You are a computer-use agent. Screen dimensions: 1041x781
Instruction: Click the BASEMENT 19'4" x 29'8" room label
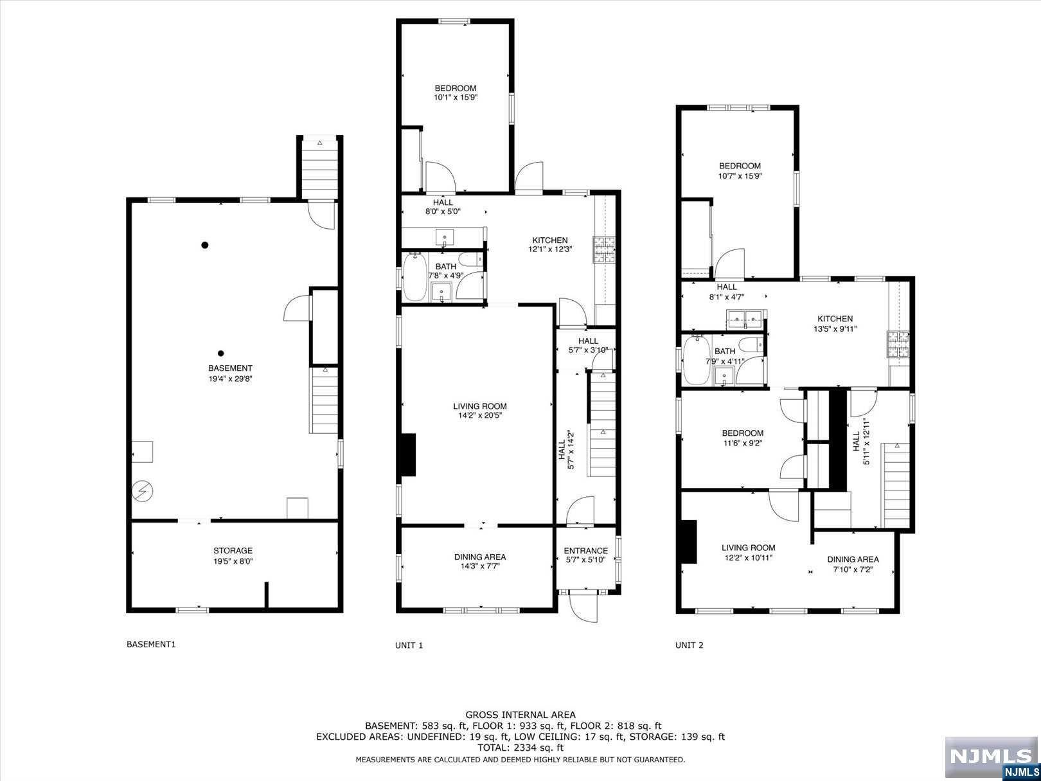[230, 373]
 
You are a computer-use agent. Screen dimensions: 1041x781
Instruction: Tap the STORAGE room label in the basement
[233, 550]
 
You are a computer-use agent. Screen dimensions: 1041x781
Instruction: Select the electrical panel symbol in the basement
[142, 491]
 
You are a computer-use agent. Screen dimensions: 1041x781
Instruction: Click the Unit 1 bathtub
[415, 277]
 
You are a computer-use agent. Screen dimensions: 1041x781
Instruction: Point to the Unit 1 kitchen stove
[603, 250]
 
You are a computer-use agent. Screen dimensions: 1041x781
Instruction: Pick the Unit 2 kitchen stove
[898, 345]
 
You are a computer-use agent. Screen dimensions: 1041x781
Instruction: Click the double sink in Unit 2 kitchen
[745, 319]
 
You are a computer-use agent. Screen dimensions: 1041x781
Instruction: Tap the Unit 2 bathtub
[697, 361]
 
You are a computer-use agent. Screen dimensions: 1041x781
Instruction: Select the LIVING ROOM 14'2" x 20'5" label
[480, 411]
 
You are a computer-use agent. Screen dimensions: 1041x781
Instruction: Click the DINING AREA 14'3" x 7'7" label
[480, 561]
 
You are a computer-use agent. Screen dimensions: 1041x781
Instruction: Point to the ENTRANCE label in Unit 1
[585, 550]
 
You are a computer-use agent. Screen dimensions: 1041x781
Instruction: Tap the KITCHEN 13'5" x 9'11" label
[835, 324]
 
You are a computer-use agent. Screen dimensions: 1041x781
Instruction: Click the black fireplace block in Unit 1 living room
[407, 454]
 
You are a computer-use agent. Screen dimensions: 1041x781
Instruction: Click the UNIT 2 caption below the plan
[690, 645]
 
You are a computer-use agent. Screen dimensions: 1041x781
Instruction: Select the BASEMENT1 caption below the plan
[151, 645]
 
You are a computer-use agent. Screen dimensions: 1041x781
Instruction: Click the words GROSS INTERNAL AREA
[520, 715]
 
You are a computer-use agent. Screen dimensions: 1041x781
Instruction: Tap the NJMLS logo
[992, 757]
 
